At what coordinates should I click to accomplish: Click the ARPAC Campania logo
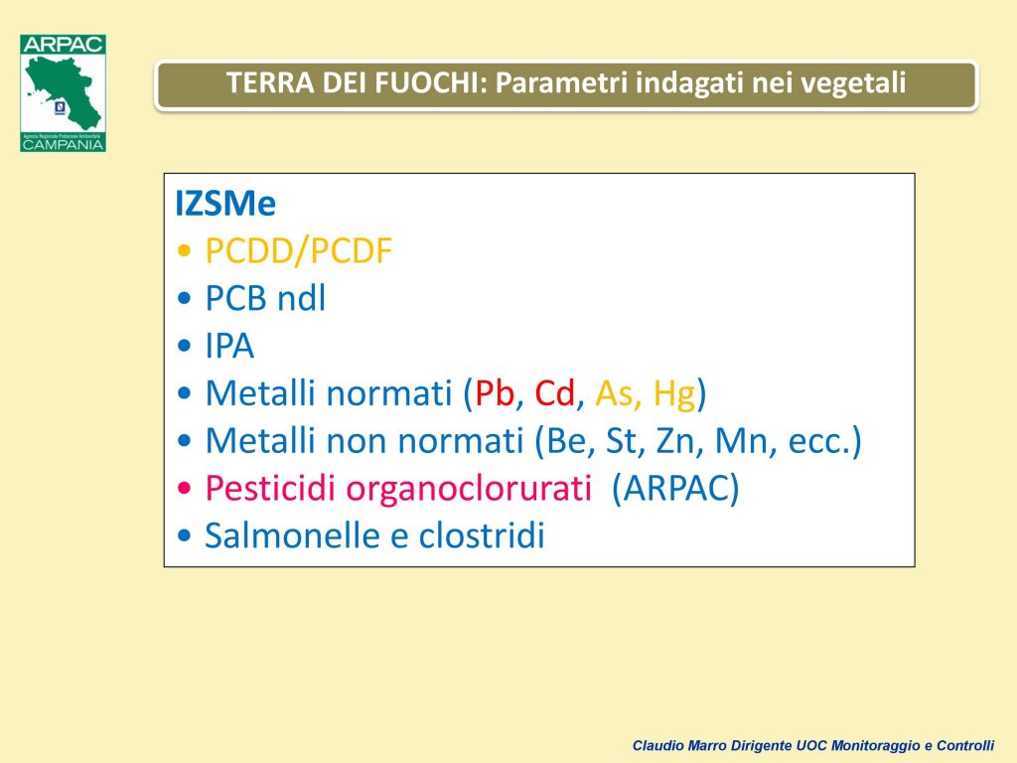coord(63,92)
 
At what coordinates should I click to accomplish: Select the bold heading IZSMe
coord(225,203)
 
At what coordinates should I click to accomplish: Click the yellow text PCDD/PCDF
coord(299,251)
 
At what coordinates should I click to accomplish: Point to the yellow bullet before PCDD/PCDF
coord(184,250)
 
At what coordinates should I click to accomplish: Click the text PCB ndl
coord(265,298)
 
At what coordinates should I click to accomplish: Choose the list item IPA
coord(229,346)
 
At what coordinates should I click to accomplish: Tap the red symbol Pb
coord(495,393)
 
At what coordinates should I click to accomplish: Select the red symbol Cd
coord(554,393)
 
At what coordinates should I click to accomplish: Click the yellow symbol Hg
coord(674,393)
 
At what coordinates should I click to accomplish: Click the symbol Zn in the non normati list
coord(675,441)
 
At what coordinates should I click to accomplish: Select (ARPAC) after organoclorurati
coord(675,489)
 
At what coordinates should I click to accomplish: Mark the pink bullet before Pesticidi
coord(184,488)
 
